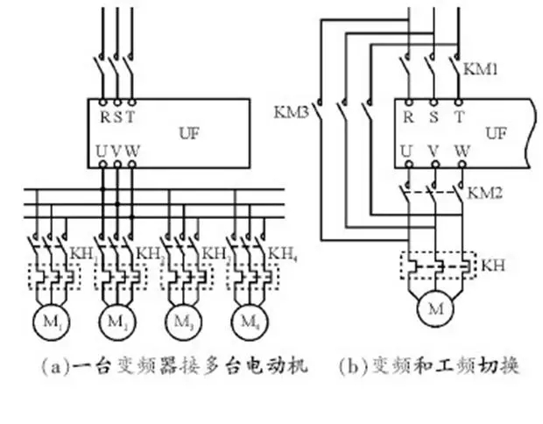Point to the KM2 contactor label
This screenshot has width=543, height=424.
point(483,191)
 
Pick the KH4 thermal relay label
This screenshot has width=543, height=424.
point(281,254)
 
